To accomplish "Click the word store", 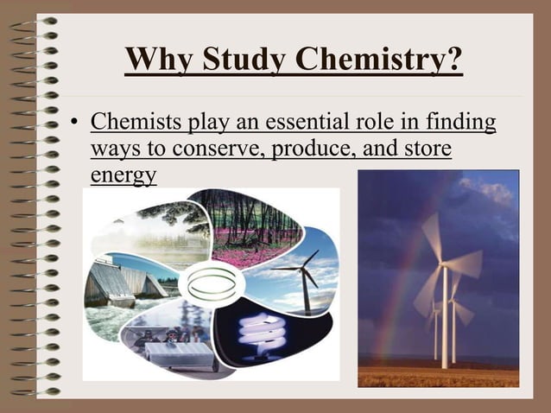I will pyautogui.click(x=425, y=149).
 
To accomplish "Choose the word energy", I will pyautogui.click(x=123, y=175).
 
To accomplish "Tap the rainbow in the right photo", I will pyautogui.click(x=393, y=285).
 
